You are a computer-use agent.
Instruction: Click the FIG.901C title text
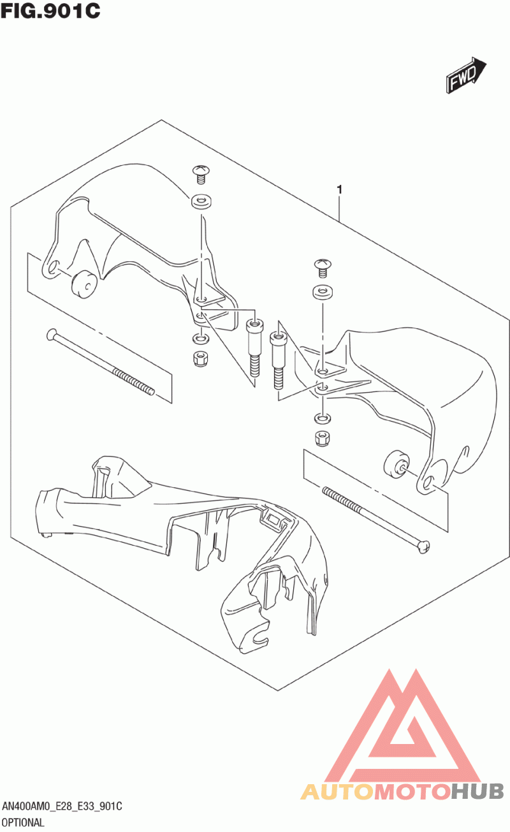50,10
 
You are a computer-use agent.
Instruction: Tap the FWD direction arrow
466,75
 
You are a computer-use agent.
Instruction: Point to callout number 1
339,190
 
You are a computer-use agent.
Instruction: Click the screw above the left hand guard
201,175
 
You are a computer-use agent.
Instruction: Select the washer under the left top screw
201,201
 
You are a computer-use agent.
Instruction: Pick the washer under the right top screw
323,292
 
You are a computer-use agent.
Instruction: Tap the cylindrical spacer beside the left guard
84,284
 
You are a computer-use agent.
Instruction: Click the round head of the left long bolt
52,334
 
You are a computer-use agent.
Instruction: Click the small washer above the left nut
201,339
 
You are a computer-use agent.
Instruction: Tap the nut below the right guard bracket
322,438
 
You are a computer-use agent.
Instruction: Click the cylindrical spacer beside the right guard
397,464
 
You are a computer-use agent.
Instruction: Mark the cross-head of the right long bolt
423,546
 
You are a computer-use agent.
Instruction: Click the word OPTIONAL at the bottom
23,822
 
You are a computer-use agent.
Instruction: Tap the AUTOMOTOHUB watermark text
402,791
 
